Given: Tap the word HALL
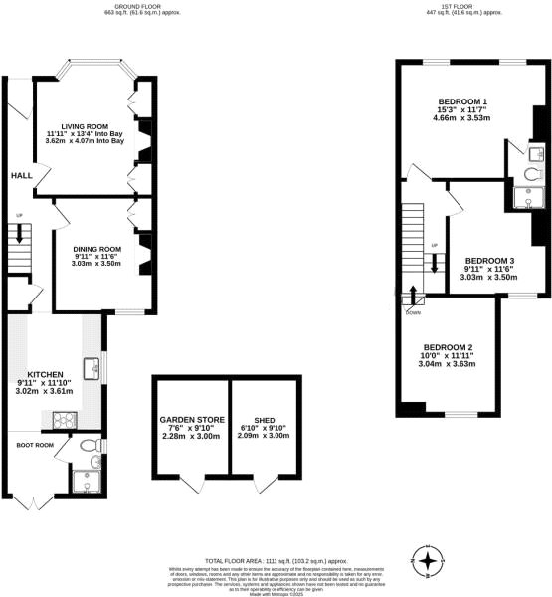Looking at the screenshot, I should (x=21, y=176).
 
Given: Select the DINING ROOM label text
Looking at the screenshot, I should (x=97, y=249).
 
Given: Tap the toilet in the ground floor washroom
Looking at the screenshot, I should (x=89, y=445).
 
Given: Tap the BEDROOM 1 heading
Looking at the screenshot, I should (x=462, y=102).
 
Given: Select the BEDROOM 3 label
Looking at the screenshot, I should (x=488, y=260).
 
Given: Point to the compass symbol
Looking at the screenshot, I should (x=428, y=563).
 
